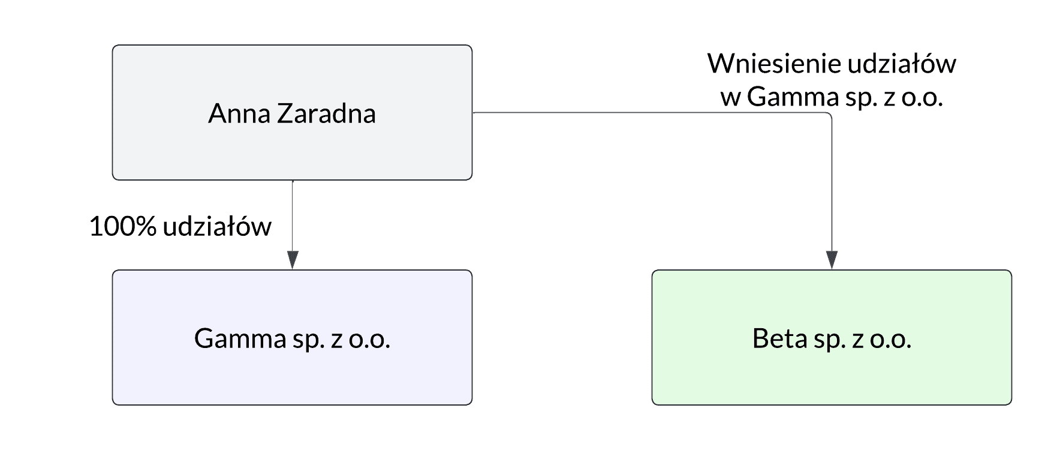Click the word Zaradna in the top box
pyautogui.click(x=326, y=114)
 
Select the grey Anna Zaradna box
pyautogui.click(x=292, y=150)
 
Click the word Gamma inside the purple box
pyautogui.click(x=240, y=339)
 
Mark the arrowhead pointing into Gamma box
pyautogui.click(x=293, y=260)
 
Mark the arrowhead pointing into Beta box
pyautogui.click(x=832, y=260)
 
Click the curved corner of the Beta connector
pyautogui.click(x=829, y=115)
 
